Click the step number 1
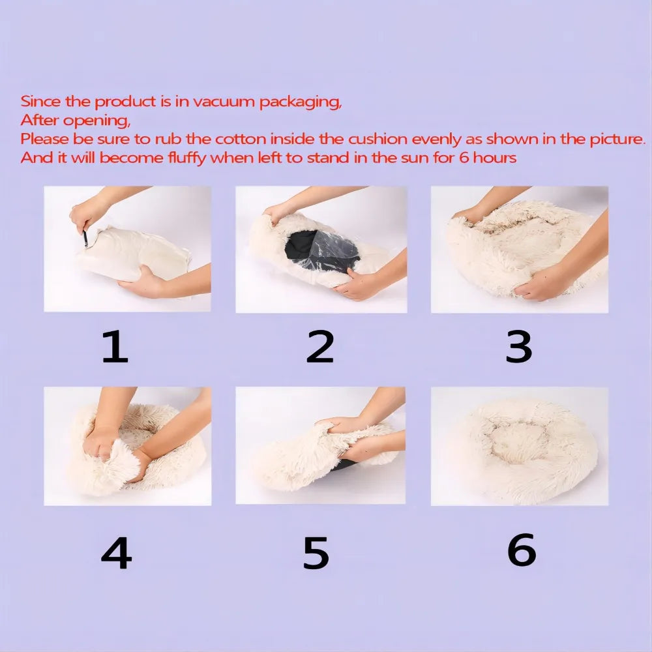(115, 346)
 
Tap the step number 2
(319, 346)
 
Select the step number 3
(518, 346)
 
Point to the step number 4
(117, 553)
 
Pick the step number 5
(316, 553)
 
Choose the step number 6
(522, 550)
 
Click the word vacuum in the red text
(223, 102)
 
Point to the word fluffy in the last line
(187, 158)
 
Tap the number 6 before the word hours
(464, 158)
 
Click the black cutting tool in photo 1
(85, 238)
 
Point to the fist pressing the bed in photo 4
(100, 443)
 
